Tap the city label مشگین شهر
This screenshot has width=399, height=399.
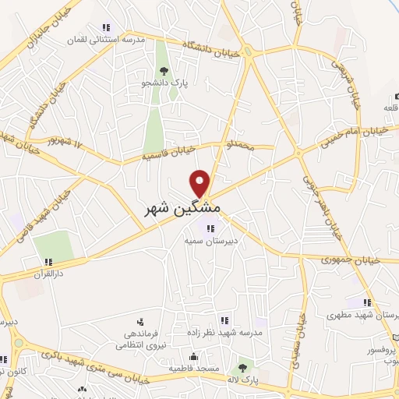pos(183,210)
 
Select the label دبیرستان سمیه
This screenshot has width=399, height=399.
pos(210,242)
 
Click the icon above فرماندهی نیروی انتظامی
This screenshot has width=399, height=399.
pos(140,321)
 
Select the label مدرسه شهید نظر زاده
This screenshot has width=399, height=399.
pos(221,333)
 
